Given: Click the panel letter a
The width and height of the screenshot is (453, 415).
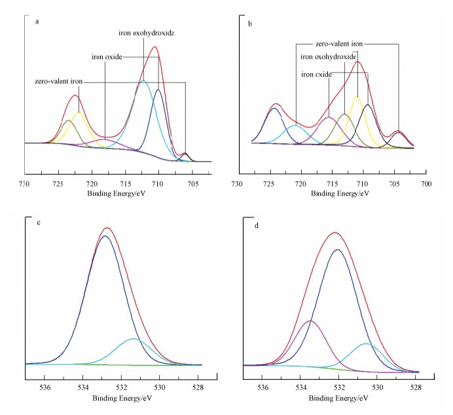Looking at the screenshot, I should click(37, 21).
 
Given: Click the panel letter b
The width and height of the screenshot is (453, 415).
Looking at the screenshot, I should click(251, 24).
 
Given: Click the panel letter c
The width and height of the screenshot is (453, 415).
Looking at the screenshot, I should click(39, 223).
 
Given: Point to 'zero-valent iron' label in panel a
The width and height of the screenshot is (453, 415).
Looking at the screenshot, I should click(59, 82).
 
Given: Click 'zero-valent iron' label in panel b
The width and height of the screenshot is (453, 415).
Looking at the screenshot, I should click(338, 44).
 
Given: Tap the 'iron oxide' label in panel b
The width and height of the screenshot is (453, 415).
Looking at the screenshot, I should click(316, 75).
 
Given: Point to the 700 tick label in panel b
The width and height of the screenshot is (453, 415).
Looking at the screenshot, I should click(426, 184).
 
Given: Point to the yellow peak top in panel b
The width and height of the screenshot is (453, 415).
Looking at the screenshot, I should click(357, 97).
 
